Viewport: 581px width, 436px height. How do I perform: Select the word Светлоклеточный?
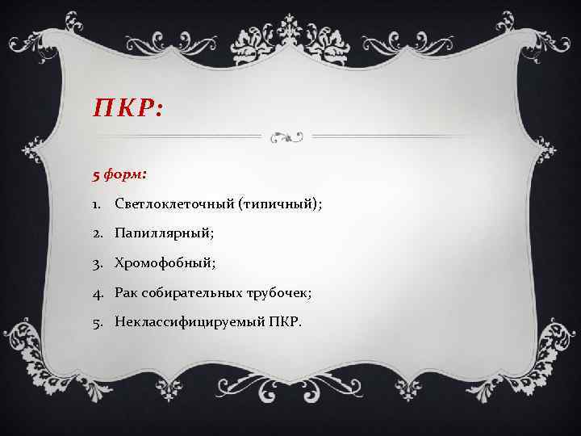tap(172, 205)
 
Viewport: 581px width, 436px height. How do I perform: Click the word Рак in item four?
tap(128, 292)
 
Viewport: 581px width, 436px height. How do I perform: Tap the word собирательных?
tap(196, 292)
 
